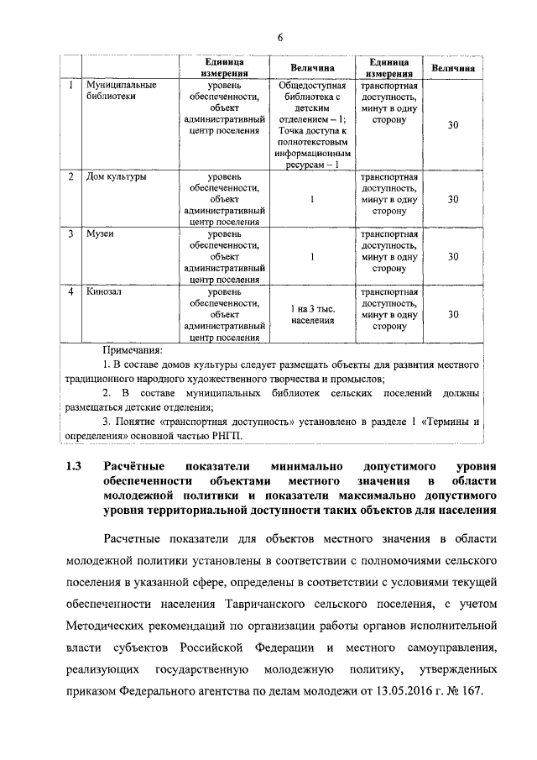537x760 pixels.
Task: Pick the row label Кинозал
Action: click(x=104, y=291)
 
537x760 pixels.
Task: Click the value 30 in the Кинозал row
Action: click(x=453, y=314)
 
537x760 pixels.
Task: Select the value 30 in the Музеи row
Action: click(x=453, y=257)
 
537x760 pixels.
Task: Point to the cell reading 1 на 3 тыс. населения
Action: click(x=312, y=314)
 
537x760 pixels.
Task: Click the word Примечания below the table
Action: click(x=132, y=349)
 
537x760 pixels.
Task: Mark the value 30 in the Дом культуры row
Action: click(x=453, y=200)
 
